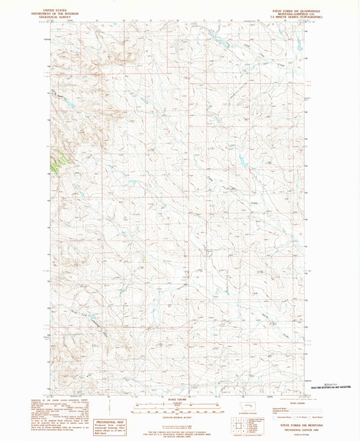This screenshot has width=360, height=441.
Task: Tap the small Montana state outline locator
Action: point(250,407)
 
